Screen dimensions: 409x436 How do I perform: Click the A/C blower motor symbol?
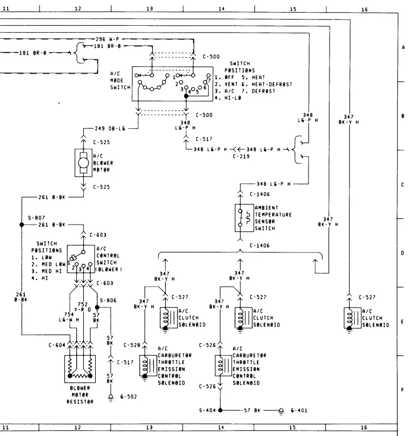(84, 163)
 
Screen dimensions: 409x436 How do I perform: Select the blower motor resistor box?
(80, 369)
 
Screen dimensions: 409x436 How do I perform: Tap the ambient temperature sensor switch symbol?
(244, 218)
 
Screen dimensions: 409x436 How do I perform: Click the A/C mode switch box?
(173, 84)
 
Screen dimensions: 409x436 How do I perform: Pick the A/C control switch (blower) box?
(81, 259)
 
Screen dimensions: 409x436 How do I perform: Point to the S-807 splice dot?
(22, 225)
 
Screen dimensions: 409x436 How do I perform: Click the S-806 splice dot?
(97, 307)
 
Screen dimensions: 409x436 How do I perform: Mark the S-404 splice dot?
(220, 410)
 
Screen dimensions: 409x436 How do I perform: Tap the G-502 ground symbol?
(111, 398)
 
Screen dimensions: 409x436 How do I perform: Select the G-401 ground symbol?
(281, 411)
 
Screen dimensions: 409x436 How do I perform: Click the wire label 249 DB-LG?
(110, 128)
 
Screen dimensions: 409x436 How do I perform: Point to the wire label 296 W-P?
(107, 39)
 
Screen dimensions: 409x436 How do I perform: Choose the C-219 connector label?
(241, 156)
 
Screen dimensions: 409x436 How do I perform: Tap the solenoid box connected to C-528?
(148, 366)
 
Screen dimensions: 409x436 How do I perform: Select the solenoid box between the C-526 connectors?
(223, 366)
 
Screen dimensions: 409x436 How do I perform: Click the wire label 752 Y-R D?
(83, 307)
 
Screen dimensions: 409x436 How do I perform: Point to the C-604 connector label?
(57, 345)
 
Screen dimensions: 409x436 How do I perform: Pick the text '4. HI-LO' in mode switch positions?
(228, 98)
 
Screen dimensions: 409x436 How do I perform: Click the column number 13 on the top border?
(149, 8)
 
